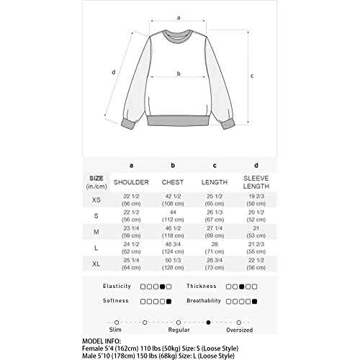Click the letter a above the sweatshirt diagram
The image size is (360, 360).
(x=178, y=16)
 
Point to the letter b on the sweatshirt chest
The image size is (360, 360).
(x=178, y=73)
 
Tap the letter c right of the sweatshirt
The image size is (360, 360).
(x=251, y=76)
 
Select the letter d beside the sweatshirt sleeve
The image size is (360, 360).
(x=114, y=71)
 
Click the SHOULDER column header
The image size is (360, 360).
(x=132, y=182)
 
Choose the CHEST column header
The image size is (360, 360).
(x=174, y=182)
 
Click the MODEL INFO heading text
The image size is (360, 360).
(x=104, y=342)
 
